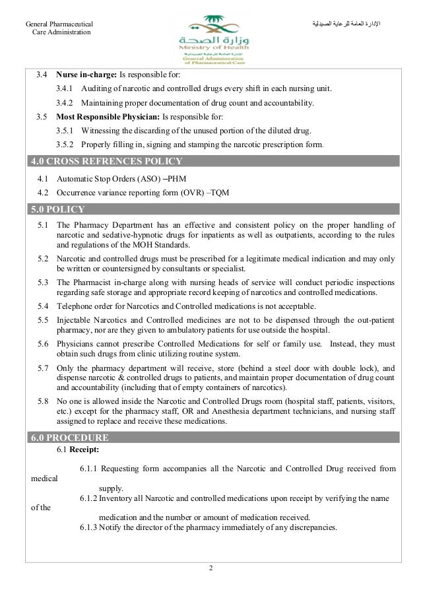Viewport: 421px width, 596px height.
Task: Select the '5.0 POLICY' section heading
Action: [65, 211]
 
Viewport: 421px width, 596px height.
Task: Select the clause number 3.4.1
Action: [66, 88]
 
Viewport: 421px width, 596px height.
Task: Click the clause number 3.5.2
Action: [66, 144]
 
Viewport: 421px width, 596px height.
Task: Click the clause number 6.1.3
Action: [90, 528]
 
